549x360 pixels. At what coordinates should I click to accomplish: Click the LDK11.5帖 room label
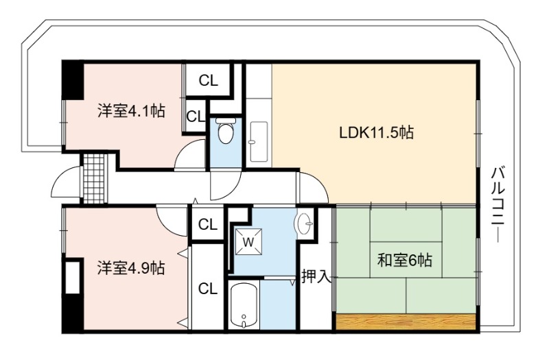(x=376, y=132)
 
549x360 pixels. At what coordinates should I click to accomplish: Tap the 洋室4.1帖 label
(x=131, y=111)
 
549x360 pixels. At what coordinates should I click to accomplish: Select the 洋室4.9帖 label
(x=131, y=268)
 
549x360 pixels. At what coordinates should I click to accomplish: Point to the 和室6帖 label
(x=404, y=260)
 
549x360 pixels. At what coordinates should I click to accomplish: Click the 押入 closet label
(x=316, y=276)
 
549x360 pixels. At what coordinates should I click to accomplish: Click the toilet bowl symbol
(x=225, y=131)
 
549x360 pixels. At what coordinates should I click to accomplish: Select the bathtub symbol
(x=244, y=305)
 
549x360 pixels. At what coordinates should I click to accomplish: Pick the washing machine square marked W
(x=248, y=242)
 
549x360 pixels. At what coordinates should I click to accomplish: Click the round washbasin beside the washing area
(x=304, y=224)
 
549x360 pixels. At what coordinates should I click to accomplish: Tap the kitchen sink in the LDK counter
(x=259, y=142)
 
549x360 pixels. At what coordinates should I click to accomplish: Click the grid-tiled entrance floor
(x=94, y=179)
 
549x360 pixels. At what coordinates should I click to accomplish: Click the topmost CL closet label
(x=209, y=81)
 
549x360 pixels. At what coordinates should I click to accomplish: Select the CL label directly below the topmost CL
(x=196, y=116)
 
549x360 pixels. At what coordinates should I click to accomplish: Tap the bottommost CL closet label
(x=208, y=289)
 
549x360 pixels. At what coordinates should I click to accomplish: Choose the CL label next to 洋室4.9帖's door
(x=208, y=225)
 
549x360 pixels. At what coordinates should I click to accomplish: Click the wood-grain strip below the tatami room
(x=406, y=322)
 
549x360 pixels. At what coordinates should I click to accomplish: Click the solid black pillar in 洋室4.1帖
(x=73, y=80)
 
